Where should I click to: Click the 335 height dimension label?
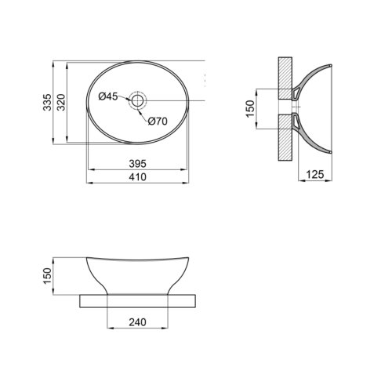(49, 102)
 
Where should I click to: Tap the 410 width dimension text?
(138, 177)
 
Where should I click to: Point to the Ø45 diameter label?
(108, 96)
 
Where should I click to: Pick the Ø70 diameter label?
(158, 121)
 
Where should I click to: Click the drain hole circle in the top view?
(138, 100)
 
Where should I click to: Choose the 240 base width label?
(138, 321)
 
